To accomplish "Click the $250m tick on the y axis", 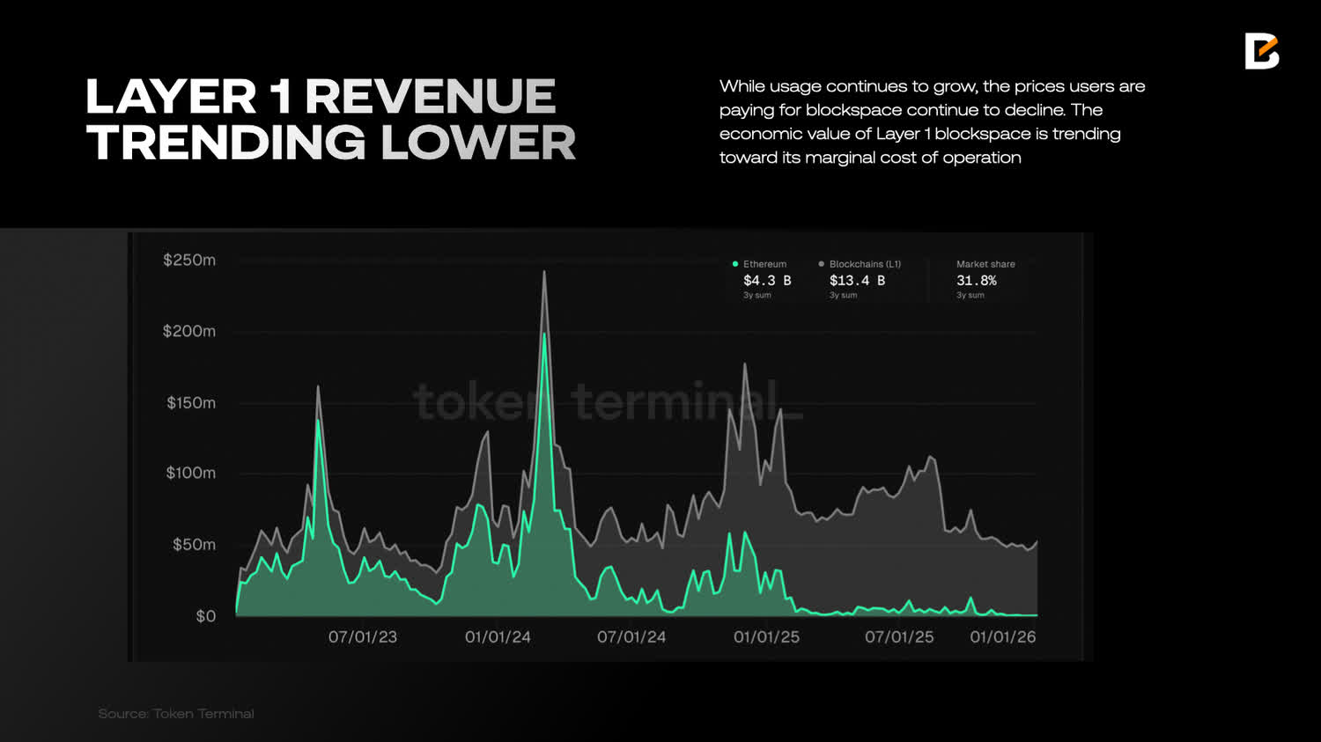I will coord(188,260).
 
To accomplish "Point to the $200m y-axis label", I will coord(188,331).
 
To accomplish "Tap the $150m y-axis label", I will coord(190,402).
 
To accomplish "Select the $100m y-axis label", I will coord(190,473).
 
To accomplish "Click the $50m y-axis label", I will coord(194,544).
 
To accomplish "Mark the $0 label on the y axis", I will coord(205,616).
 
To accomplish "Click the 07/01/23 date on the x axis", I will coord(363,636).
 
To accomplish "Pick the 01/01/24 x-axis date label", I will coord(498,636).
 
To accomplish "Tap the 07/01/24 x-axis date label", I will coord(631,636).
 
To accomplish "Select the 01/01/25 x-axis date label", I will coord(766,636).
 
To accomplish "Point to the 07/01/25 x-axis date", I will coord(899,636).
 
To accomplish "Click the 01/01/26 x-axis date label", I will coord(1003,636).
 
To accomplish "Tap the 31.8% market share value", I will coord(977,281).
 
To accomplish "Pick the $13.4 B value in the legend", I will coord(857,281).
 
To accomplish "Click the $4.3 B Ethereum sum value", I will coord(767,281).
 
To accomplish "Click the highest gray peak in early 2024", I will coord(544,272).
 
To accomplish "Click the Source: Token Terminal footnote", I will coord(176,714).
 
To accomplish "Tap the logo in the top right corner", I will coord(1261,51).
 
